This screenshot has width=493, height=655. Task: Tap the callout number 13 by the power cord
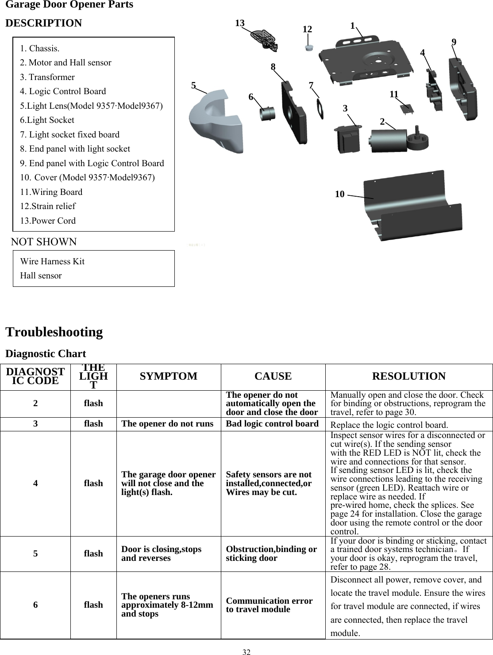point(240,23)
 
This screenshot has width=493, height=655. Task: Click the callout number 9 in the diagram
point(454,42)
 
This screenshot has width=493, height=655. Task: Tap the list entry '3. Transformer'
point(47,77)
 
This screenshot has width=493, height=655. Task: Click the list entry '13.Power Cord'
point(48,221)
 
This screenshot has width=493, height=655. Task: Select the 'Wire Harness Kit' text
point(52,261)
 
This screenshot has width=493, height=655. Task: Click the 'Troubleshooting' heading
point(54,332)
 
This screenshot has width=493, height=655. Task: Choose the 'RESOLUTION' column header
point(408,377)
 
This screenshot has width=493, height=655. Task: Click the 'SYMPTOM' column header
point(168,377)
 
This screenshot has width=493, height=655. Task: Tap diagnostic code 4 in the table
point(35,483)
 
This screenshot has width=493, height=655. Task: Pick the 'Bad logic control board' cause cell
point(272,424)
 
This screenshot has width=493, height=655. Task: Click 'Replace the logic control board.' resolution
point(389,425)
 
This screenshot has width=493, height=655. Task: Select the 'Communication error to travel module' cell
point(269,605)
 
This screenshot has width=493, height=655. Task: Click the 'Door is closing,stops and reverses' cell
point(161,553)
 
